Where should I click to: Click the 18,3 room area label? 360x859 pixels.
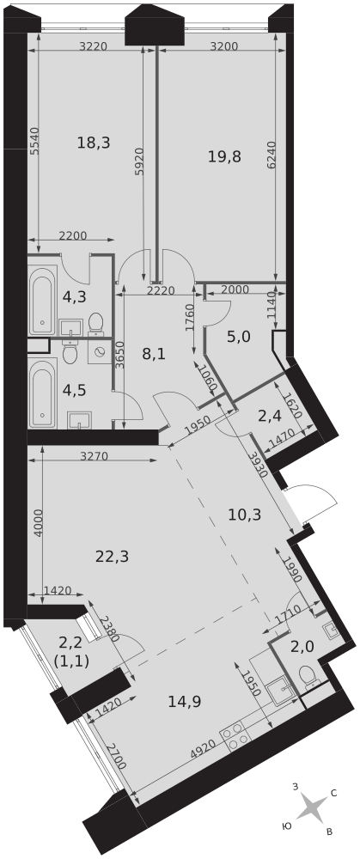tap(94, 143)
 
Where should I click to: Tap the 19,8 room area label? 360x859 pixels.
tap(224, 156)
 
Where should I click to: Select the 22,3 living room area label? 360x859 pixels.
tap(112, 557)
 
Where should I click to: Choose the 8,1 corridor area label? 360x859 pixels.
tap(154, 354)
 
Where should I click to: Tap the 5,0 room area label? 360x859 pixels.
tap(238, 337)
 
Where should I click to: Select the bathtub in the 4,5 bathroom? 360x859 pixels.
tap(42, 393)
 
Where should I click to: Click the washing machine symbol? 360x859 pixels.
tap(100, 352)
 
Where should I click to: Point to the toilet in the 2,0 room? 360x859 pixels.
tap(308, 677)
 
